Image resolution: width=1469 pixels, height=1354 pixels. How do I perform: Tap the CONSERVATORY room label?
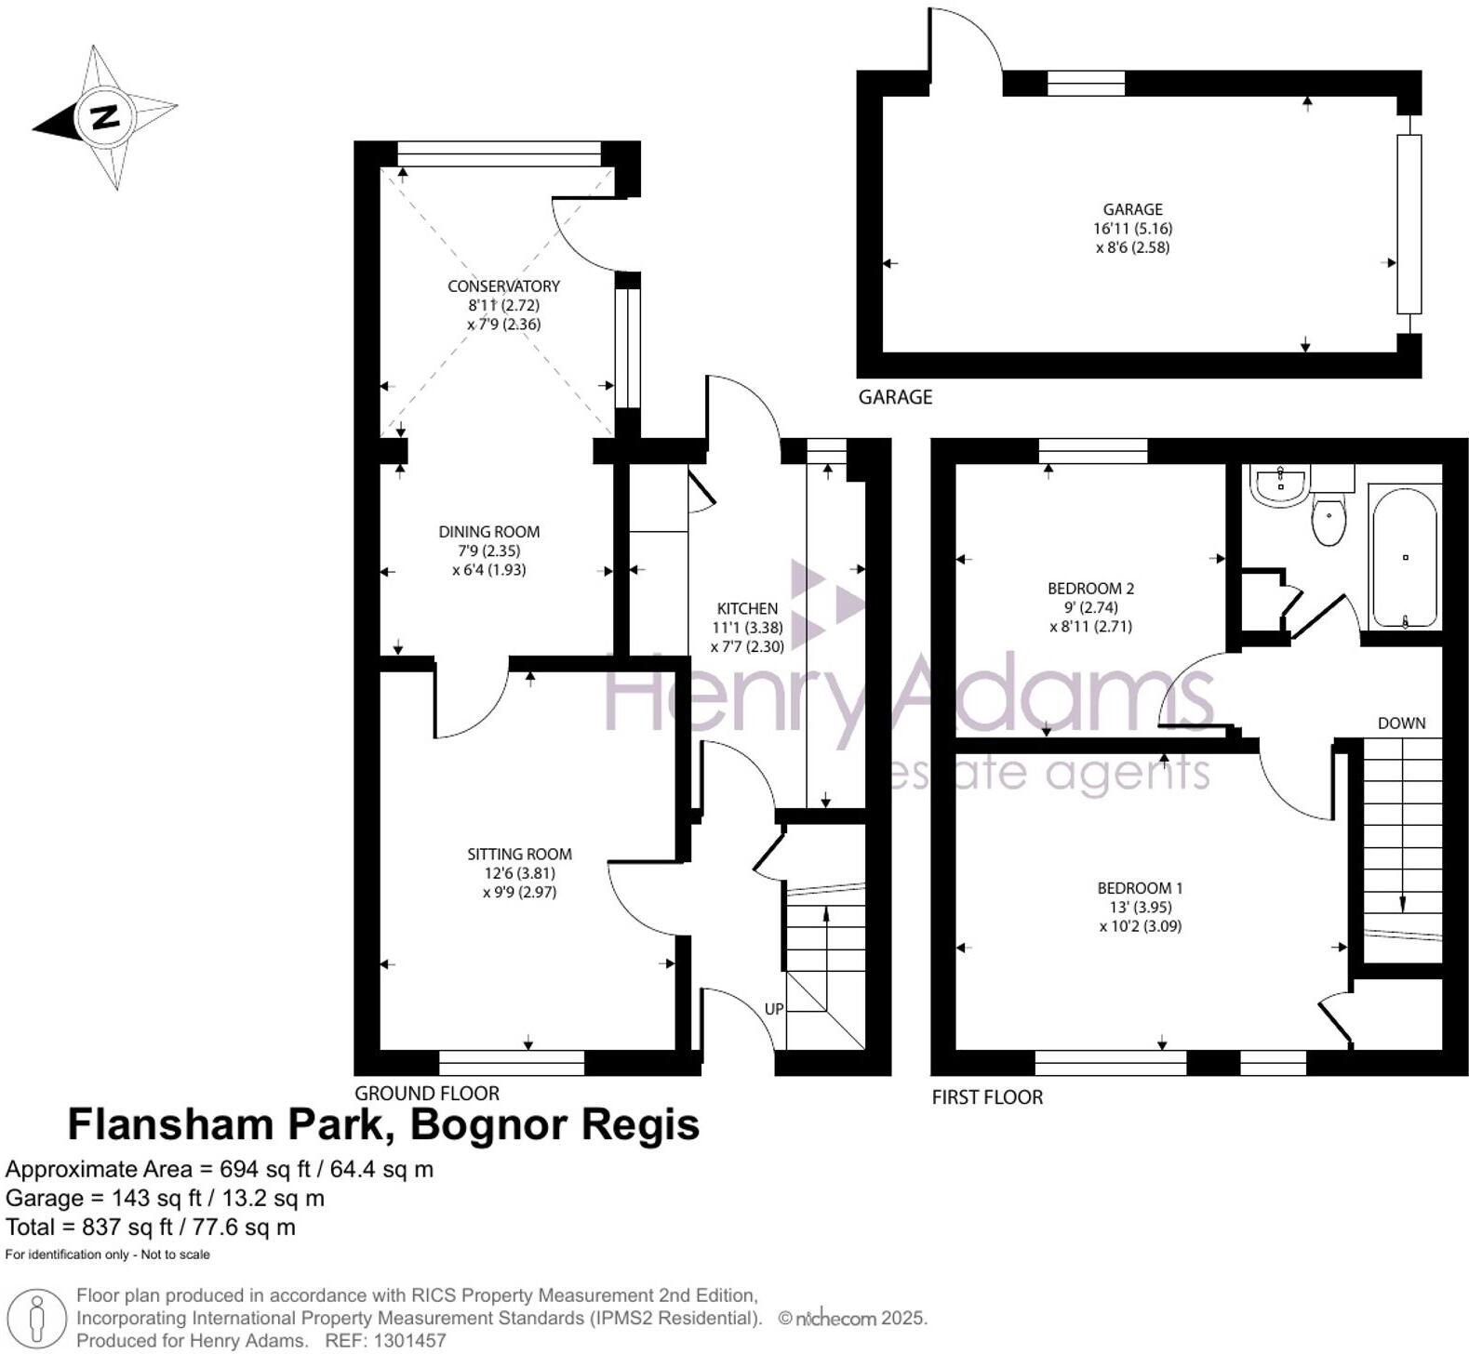503,285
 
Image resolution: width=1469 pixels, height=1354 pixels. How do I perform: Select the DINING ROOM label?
489,532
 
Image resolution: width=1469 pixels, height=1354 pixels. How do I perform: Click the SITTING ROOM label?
519,854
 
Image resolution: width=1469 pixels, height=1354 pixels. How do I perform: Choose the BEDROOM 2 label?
1091,588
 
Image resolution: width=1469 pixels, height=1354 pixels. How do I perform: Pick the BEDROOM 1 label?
1141,887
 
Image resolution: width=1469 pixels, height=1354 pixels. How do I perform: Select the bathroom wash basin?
1280,485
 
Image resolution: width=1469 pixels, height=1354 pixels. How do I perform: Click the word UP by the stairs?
774,1009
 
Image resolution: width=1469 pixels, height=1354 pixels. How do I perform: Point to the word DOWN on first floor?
1401,723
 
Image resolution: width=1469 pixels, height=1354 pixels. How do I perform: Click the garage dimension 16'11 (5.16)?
1132,228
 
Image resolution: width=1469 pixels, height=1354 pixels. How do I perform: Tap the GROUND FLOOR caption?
427,1093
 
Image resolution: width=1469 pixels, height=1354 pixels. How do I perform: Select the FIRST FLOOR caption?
987,1097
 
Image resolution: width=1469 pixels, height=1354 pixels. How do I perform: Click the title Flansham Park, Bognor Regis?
383,1125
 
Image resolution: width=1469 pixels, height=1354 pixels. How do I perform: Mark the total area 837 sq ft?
151,1228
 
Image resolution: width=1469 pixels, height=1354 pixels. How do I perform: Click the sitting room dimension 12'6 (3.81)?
519,873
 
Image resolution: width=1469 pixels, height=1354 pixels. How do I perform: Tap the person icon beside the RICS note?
37,1319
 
